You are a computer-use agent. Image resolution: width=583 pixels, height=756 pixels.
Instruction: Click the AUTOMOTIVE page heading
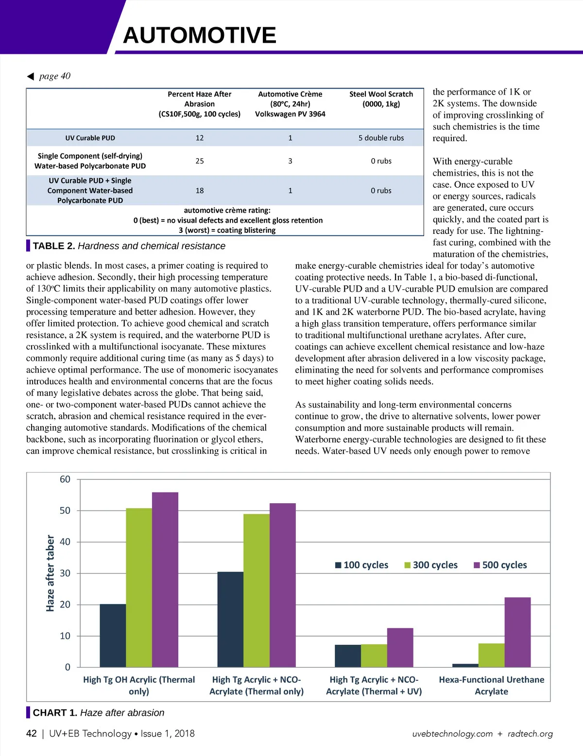pos(200,35)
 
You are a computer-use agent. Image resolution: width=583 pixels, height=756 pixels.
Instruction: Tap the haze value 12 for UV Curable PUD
pos(200,138)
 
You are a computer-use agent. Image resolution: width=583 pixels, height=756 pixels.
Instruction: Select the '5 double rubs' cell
pos(381,138)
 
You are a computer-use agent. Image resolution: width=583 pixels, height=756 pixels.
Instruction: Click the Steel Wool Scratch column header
pos(381,99)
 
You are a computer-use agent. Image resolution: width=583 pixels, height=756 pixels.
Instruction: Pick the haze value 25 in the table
pos(200,161)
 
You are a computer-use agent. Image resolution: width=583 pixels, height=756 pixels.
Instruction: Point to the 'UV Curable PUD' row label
pos(90,138)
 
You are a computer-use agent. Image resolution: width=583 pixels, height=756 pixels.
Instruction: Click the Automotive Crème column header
pos(290,104)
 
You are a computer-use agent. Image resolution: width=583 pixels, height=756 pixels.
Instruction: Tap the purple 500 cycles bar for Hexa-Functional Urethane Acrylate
pos(517,632)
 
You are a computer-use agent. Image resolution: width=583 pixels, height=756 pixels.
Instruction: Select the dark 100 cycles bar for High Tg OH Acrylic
pos(113,636)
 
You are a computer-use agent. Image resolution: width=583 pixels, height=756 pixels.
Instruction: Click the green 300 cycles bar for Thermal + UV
pos(374,656)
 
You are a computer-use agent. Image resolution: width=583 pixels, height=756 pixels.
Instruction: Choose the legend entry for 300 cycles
pos(431,565)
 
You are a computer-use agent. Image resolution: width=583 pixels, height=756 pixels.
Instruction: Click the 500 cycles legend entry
pos(500,565)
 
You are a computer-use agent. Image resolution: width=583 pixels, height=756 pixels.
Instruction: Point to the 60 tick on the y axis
pos(65,479)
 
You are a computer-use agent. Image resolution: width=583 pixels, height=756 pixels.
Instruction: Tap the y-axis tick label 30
pos(65,573)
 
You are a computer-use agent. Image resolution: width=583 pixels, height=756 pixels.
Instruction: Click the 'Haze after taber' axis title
pos(50,573)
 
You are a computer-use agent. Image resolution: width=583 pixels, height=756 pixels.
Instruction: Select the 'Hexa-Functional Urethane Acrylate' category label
pos(491,685)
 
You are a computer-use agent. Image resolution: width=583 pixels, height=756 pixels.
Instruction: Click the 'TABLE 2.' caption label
pos(53,246)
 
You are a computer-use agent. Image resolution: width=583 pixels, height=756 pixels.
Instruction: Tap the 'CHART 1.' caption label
pos(55,713)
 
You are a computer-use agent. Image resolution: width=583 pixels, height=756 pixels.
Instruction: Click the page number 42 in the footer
pos(32,734)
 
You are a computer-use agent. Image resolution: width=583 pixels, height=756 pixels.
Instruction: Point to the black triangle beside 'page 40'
pos(31,76)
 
